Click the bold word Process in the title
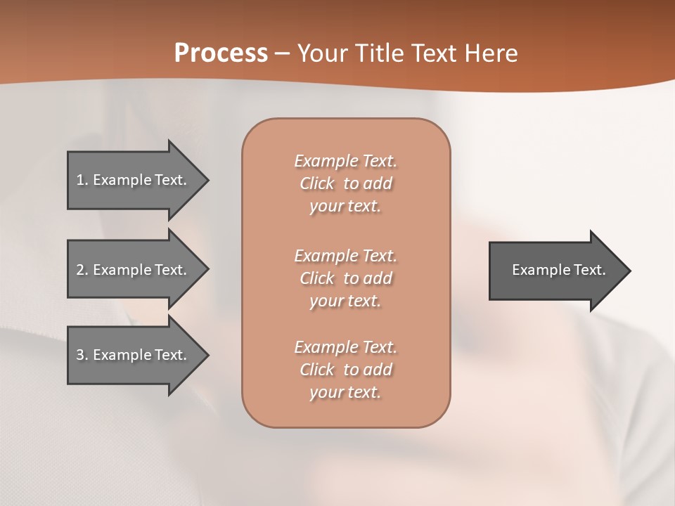pyautogui.click(x=221, y=53)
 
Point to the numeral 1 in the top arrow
pyautogui.click(x=80, y=180)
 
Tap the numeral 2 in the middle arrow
pyautogui.click(x=80, y=270)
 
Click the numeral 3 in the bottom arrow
pyautogui.click(x=80, y=355)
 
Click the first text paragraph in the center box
pyautogui.click(x=345, y=183)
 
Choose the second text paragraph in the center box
pyautogui.click(x=345, y=278)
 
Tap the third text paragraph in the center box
pyautogui.click(x=345, y=370)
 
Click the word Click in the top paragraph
pyautogui.click(x=316, y=183)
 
